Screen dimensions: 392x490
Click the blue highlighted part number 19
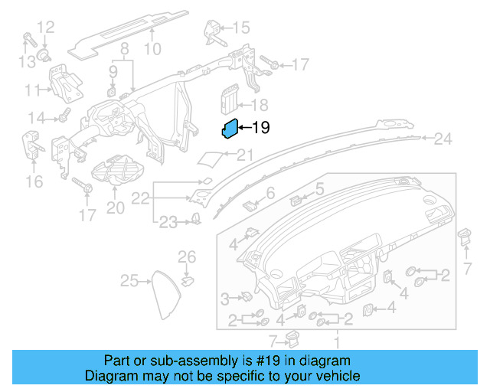230,130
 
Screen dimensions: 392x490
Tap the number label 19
261,127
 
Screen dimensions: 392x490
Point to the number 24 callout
443,139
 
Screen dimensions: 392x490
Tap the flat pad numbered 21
210,158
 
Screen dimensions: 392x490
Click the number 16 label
34,181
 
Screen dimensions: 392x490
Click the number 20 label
114,207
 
